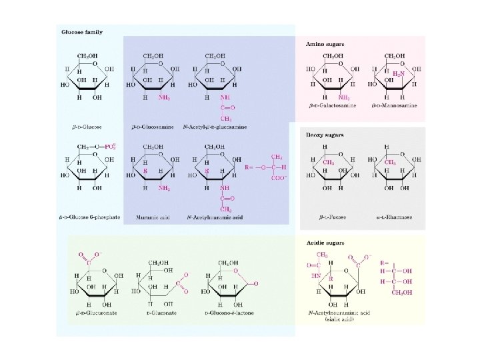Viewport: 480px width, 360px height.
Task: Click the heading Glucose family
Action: (82, 32)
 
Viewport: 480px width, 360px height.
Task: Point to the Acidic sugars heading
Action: (324, 243)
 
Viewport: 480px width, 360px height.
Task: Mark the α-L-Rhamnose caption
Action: (395, 217)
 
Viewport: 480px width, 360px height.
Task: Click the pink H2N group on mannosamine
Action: (398, 73)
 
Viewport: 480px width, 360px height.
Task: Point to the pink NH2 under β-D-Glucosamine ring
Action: (163, 97)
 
